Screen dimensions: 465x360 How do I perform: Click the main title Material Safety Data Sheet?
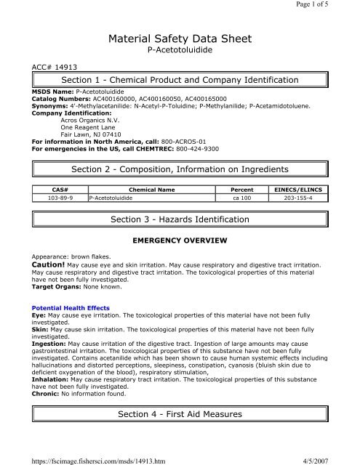[x=179, y=39]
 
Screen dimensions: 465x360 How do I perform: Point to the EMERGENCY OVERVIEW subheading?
[x=179, y=239]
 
